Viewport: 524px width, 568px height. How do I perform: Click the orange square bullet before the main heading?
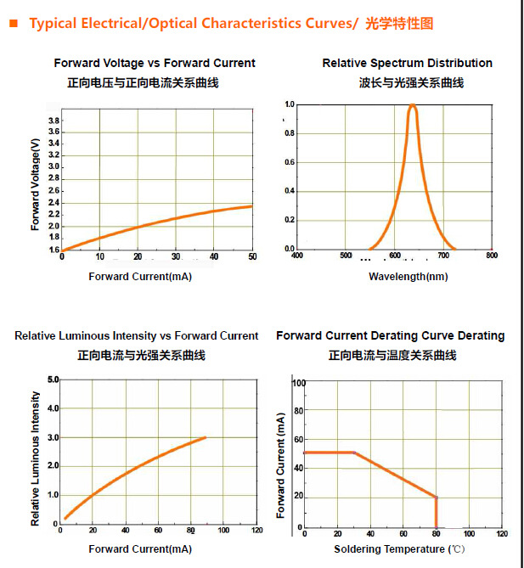pyautogui.click(x=13, y=24)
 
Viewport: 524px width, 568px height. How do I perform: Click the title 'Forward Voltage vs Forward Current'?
pyautogui.click(x=155, y=63)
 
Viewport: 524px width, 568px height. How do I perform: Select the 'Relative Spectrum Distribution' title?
pyautogui.click(x=407, y=63)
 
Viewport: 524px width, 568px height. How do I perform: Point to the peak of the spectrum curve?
pyautogui.click(x=413, y=106)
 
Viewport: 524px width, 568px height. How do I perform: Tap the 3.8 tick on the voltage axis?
pyautogui.click(x=54, y=121)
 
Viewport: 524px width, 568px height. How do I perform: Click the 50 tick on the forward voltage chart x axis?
pyautogui.click(x=251, y=256)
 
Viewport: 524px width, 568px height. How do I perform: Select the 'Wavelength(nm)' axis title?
pyautogui.click(x=408, y=277)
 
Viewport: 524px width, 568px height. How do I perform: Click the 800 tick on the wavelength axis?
pyautogui.click(x=492, y=255)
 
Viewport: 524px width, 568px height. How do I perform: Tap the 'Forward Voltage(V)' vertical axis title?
pyautogui.click(x=36, y=184)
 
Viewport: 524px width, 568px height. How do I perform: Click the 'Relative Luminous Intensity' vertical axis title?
pyautogui.click(x=36, y=458)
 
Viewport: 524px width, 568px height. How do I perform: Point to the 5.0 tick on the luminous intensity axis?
pyautogui.click(x=53, y=379)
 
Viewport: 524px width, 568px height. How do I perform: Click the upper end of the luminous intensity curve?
pyautogui.click(x=206, y=438)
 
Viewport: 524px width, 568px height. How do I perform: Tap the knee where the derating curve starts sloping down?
pyautogui.click(x=353, y=453)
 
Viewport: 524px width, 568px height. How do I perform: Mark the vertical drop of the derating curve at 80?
pyautogui.click(x=437, y=513)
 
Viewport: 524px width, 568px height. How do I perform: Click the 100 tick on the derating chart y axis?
pyautogui.click(x=298, y=383)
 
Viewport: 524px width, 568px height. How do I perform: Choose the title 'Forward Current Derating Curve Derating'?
pyautogui.click(x=390, y=336)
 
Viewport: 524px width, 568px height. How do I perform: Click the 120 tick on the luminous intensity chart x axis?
pyautogui.click(x=256, y=531)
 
